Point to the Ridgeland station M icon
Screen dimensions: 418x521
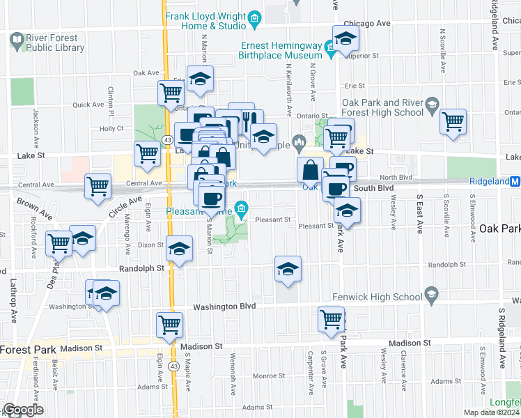(515, 181)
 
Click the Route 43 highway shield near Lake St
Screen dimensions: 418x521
(168, 140)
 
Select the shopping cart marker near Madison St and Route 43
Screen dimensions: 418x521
(170, 324)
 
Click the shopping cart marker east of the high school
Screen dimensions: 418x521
(453, 121)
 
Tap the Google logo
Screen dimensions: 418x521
(23, 410)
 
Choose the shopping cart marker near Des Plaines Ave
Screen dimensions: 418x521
(59, 243)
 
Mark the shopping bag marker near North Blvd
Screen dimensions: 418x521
(309, 169)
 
